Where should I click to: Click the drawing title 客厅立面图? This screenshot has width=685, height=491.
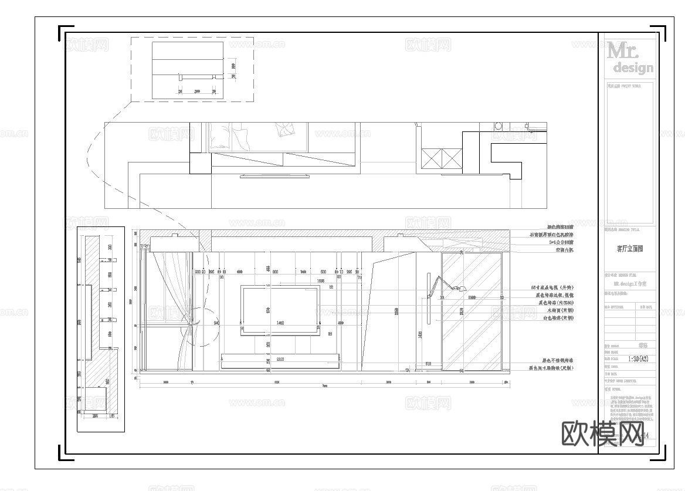pos(629,248)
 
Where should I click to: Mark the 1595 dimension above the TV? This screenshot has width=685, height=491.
pos(320,282)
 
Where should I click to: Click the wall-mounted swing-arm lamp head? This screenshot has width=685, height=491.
pos(462,288)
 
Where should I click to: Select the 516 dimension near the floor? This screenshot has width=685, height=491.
pos(428,364)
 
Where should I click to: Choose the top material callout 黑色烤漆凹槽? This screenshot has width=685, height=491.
pos(559,227)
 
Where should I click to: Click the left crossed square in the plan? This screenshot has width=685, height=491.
pos(431,158)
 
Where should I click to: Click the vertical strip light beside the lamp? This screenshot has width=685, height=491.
pos(429,297)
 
